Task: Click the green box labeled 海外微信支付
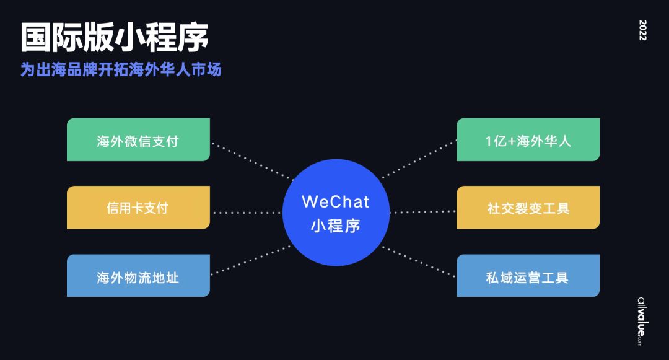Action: pos(138,140)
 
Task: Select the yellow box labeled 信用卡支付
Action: pos(138,208)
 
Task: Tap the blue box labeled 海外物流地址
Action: pos(138,276)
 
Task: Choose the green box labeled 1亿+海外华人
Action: pos(528,140)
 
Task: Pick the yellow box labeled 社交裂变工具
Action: pos(528,208)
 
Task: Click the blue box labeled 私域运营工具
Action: pos(528,276)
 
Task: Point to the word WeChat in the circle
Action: pos(335,201)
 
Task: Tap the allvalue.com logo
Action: pos(641,319)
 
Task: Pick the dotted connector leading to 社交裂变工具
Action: pos(422,213)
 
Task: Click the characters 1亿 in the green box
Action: pos(496,141)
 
